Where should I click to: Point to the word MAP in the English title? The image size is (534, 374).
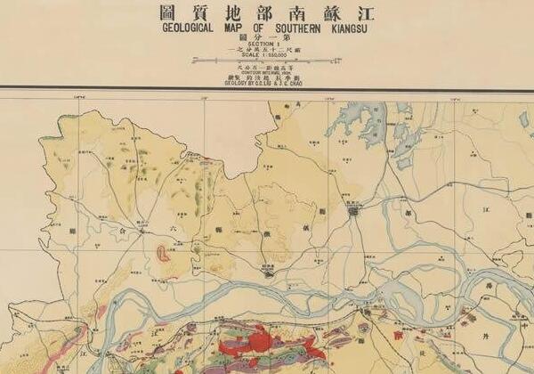pyautogui.click(x=232, y=26)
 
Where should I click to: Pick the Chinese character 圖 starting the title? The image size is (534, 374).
pyautogui.click(x=166, y=12)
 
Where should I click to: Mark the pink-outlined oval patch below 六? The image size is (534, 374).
pyautogui.click(x=164, y=253)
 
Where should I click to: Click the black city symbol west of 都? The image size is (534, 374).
pyautogui.click(x=356, y=212)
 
